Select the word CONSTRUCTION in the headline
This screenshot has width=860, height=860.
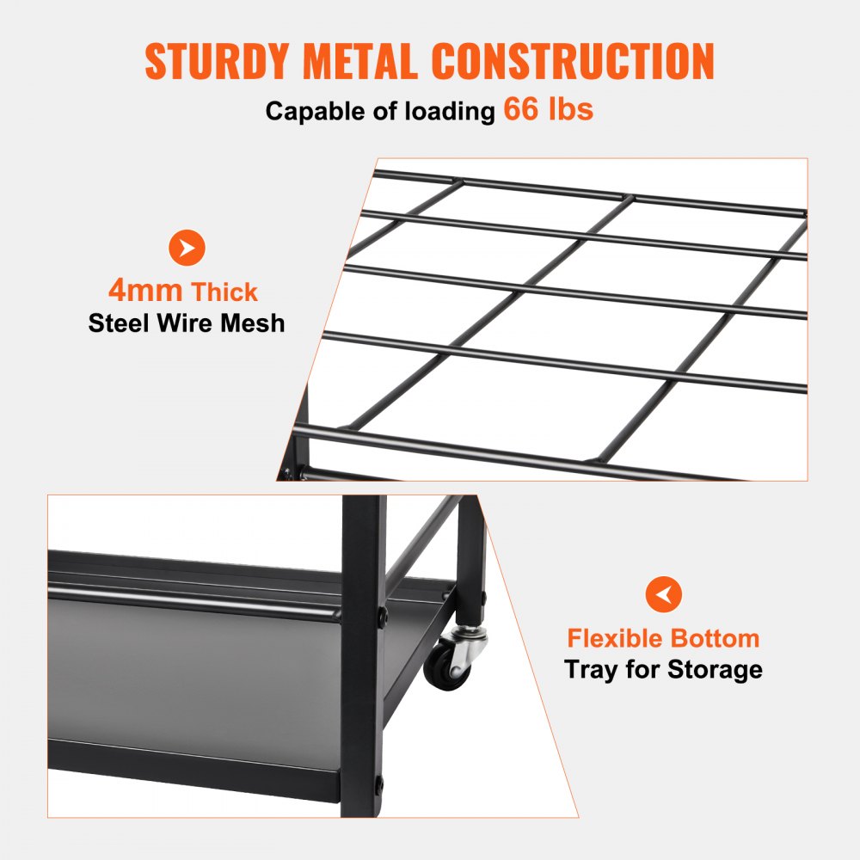tap(573, 61)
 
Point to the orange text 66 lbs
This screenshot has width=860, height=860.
tap(549, 110)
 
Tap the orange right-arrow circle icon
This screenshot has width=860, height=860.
tap(187, 248)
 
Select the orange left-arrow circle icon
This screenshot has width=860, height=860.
tap(663, 594)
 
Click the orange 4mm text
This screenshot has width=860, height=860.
tap(145, 291)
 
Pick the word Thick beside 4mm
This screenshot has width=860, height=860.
tap(225, 292)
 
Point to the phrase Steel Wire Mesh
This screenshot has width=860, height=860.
tap(187, 323)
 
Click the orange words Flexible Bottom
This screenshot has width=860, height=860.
tap(663, 638)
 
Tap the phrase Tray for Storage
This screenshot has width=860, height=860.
tap(663, 669)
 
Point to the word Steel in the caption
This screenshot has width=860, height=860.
tap(119, 323)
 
